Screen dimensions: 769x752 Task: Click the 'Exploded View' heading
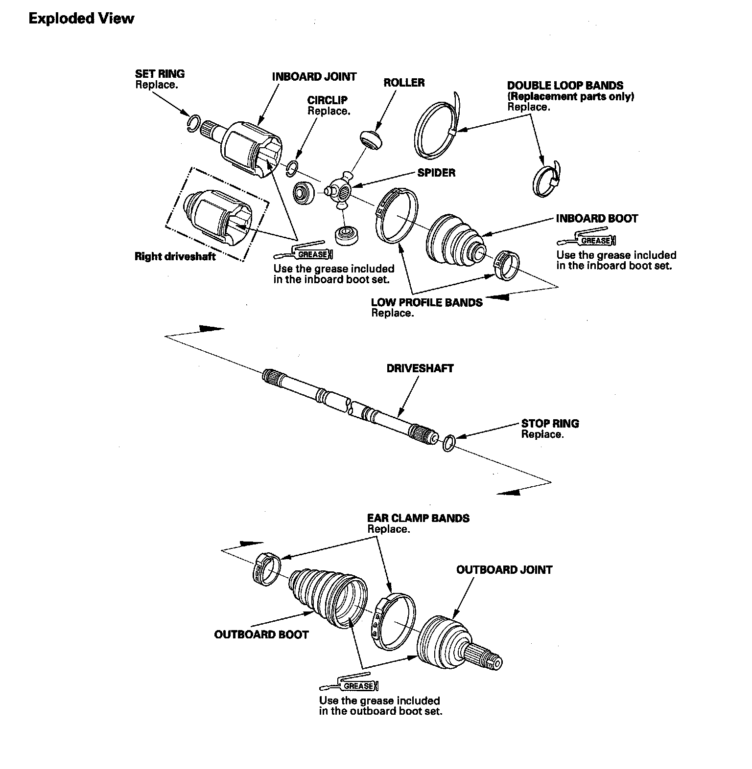pyautogui.click(x=81, y=19)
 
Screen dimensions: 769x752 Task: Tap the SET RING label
pyautogui.click(x=160, y=74)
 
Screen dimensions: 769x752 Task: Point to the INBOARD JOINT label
pyautogui.click(x=314, y=77)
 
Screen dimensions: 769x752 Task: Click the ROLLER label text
pyautogui.click(x=404, y=83)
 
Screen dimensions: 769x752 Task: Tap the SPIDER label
pyautogui.click(x=436, y=173)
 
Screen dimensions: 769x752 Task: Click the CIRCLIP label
pyautogui.click(x=328, y=100)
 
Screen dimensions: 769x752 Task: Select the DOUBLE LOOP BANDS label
pyautogui.click(x=565, y=86)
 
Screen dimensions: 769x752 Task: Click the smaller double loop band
pyautogui.click(x=546, y=180)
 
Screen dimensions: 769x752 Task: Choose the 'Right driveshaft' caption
pyautogui.click(x=175, y=256)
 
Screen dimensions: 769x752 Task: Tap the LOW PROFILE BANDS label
pyautogui.click(x=426, y=302)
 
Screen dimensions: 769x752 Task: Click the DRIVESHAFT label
pyautogui.click(x=420, y=368)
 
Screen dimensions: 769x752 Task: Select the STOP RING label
pyautogui.click(x=550, y=424)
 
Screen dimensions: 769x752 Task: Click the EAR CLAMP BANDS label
pyautogui.click(x=418, y=518)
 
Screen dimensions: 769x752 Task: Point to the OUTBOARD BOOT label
pyautogui.click(x=261, y=634)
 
